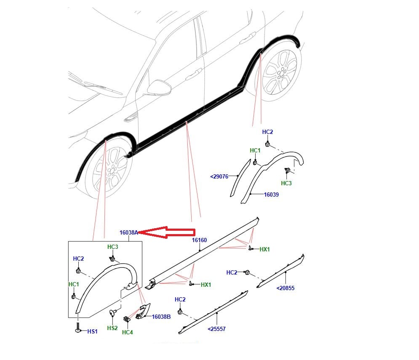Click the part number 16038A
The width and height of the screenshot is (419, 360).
pyautogui.click(x=128, y=232)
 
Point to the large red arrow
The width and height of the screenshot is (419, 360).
pyautogui.click(x=167, y=232)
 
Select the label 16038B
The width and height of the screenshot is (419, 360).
pyautogui.click(x=161, y=317)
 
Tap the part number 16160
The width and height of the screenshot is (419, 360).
pyautogui.click(x=199, y=240)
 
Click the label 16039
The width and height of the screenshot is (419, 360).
pyautogui.click(x=271, y=195)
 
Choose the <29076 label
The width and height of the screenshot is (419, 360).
pyautogui.click(x=219, y=176)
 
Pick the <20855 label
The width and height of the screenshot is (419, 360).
pyautogui.click(x=286, y=288)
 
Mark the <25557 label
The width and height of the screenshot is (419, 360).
pyautogui.click(x=216, y=329)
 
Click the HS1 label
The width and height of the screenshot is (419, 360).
pyautogui.click(x=93, y=331)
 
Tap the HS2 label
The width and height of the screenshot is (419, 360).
pyautogui.click(x=112, y=328)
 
